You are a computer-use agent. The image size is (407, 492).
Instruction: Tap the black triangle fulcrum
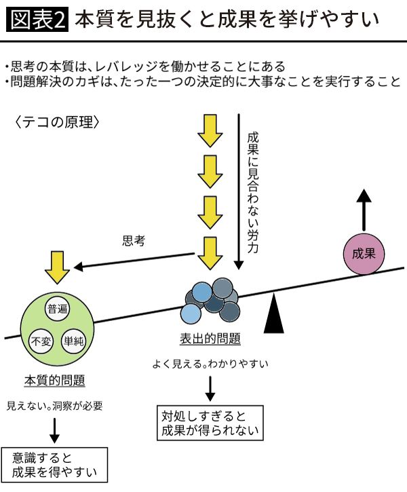click(x=273, y=314)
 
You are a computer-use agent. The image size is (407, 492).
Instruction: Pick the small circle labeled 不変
click(x=41, y=341)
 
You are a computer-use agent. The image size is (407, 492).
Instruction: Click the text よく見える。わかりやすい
click(x=210, y=364)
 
